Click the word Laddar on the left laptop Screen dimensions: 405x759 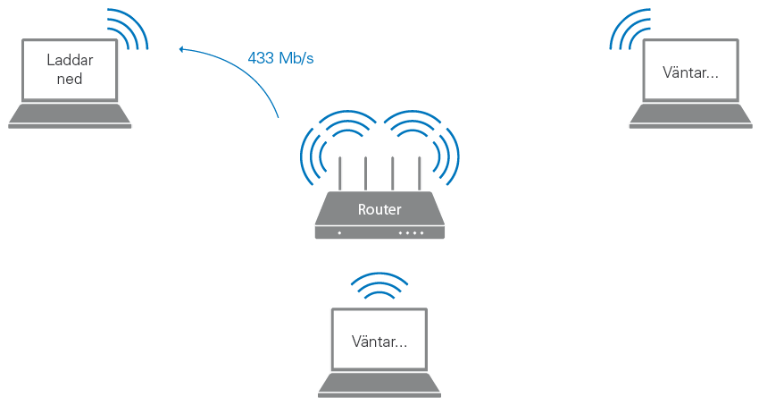click(70, 61)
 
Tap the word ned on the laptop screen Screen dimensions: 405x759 click(70, 79)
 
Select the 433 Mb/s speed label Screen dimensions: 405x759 click(280, 59)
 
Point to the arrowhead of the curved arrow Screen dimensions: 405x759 click(181, 49)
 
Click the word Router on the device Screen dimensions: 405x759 click(379, 210)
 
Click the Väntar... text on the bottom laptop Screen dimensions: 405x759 click(379, 342)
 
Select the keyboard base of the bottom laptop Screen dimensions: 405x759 click(379, 385)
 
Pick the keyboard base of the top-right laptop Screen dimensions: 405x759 click(691, 116)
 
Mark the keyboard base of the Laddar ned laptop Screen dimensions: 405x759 click(70, 116)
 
